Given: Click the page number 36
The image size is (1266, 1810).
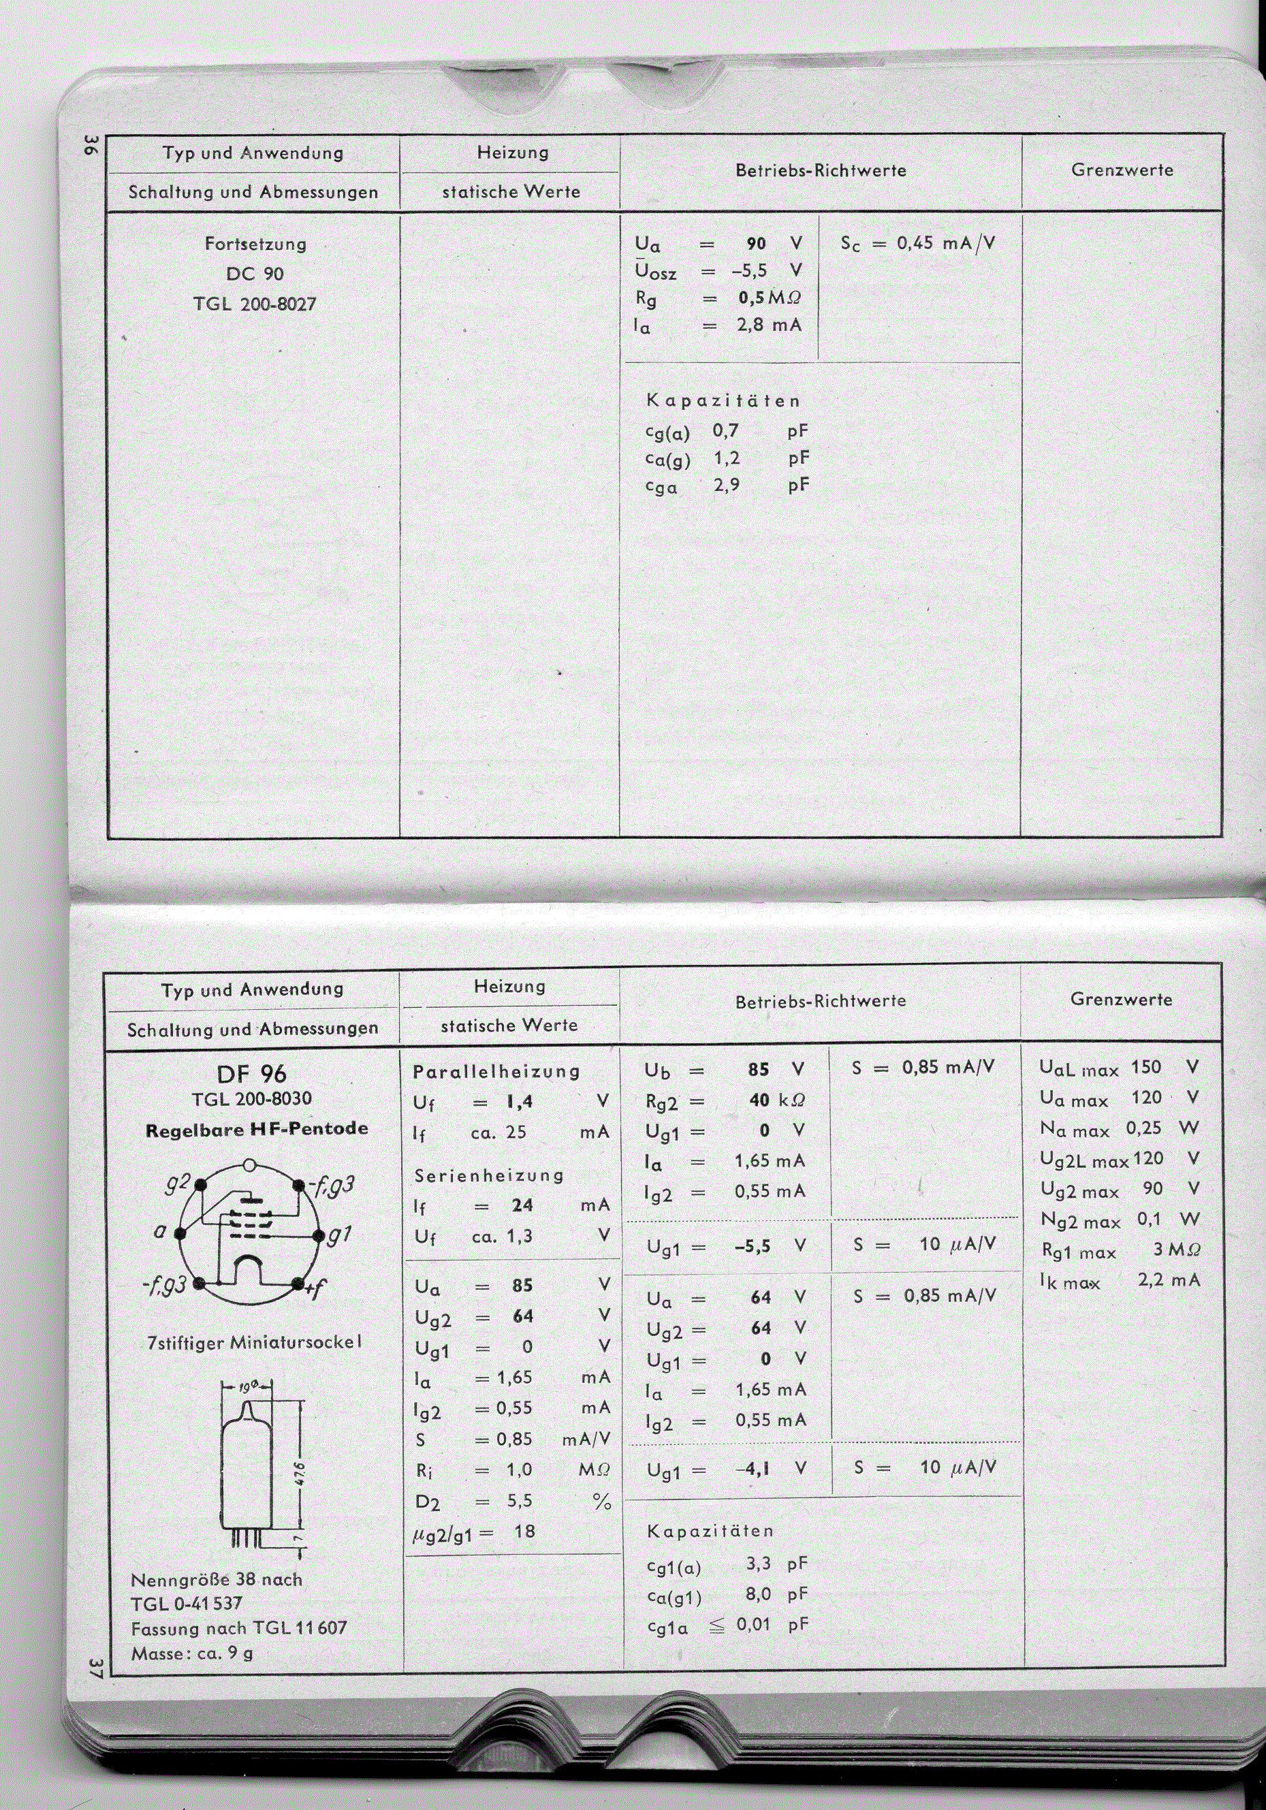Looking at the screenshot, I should [89, 145].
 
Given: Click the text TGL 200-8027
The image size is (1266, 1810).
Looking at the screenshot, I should [255, 304].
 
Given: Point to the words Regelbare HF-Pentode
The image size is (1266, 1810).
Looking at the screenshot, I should [257, 1129].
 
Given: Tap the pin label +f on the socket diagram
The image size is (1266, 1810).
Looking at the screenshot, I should [316, 1289].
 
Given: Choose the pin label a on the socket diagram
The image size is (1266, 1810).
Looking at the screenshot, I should [159, 1230].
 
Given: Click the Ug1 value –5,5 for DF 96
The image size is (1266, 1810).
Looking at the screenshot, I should [751, 1246].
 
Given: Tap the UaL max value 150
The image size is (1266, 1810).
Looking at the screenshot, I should [1145, 1067].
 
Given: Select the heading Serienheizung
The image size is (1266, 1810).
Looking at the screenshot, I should [489, 1175].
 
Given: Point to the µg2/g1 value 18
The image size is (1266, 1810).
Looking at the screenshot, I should [524, 1531].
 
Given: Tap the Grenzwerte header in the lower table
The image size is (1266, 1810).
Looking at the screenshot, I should [1121, 999].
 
